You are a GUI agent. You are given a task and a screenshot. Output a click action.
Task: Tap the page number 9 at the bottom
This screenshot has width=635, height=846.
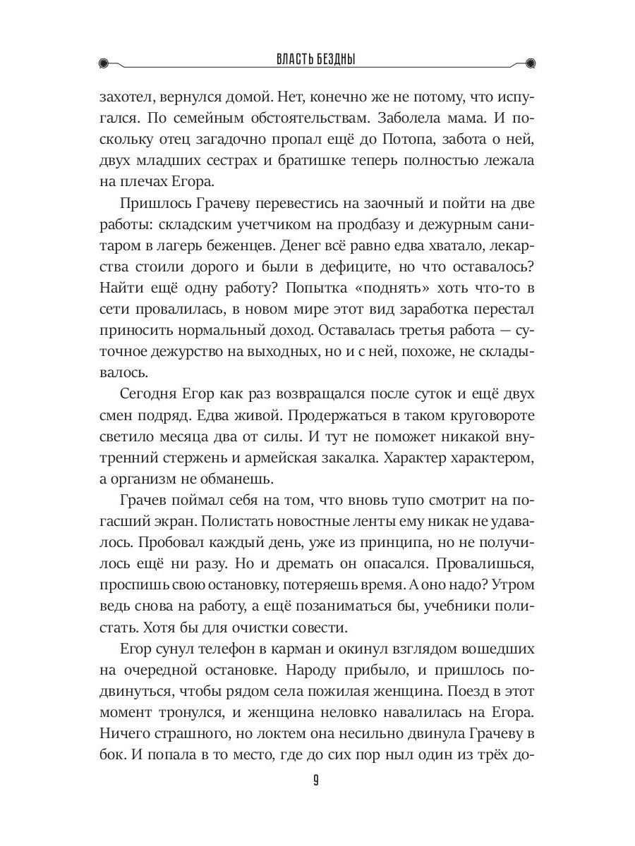(317, 780)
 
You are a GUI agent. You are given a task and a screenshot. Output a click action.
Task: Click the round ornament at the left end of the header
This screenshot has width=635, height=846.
(104, 62)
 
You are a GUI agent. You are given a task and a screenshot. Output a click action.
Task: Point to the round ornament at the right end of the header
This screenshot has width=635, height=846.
(531, 62)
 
